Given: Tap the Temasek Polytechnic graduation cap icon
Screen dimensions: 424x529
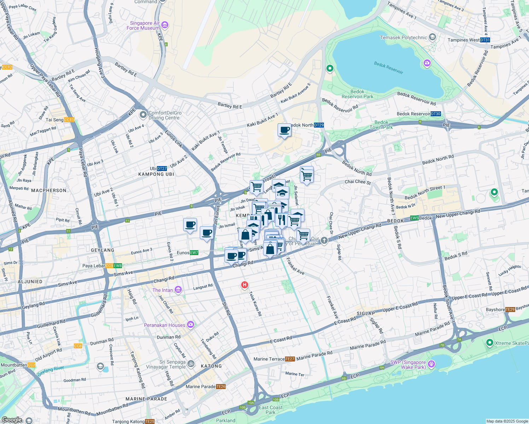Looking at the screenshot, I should (x=432, y=37).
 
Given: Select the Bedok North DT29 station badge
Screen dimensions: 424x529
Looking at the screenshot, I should (x=319, y=125).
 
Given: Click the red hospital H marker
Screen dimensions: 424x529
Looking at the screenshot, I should (x=244, y=285).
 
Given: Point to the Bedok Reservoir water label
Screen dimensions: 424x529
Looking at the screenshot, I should (x=388, y=67).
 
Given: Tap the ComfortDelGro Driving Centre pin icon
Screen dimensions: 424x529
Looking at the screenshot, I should (x=143, y=115).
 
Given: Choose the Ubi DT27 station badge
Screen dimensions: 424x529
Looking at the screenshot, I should (x=162, y=169).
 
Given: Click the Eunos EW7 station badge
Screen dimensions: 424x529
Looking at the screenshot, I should (x=194, y=253).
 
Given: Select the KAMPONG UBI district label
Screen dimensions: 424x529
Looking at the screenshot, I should (x=156, y=174).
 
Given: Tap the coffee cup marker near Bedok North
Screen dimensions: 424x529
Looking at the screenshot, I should (x=284, y=130).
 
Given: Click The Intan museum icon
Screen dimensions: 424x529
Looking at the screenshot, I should (x=178, y=290).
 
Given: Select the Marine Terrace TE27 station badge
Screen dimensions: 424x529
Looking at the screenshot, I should (x=290, y=359).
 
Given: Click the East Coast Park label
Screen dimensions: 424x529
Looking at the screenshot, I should (x=271, y=410).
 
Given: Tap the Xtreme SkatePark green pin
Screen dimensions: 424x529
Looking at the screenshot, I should (x=489, y=342).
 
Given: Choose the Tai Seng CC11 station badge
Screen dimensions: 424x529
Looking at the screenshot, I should (x=69, y=120).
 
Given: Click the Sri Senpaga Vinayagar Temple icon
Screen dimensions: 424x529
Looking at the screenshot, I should (x=191, y=364).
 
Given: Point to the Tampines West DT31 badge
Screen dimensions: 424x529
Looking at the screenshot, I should (x=485, y=40).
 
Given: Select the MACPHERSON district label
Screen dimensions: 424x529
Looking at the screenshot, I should (x=49, y=190).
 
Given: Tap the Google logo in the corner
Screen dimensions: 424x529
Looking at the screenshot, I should (x=12, y=420).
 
